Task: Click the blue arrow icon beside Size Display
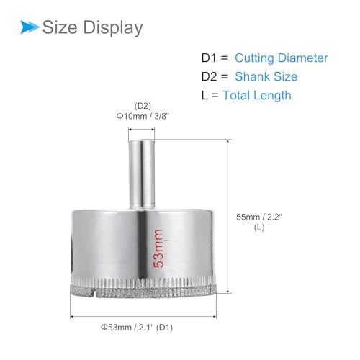pyautogui.click(x=28, y=27)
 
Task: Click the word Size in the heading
pyautogui.click(x=60, y=28)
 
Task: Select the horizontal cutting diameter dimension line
pyautogui.click(x=143, y=317)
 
